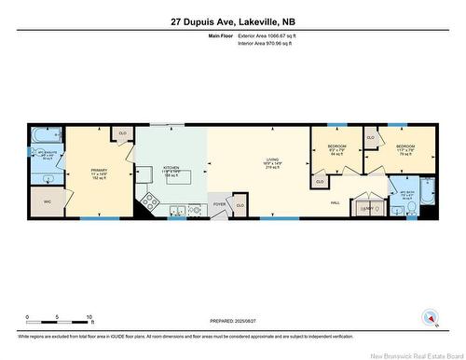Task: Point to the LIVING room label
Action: pos(271,164)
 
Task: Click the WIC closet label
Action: pos(46,201)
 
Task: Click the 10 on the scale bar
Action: pos(89,317)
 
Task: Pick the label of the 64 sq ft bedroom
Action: pos(336,150)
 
